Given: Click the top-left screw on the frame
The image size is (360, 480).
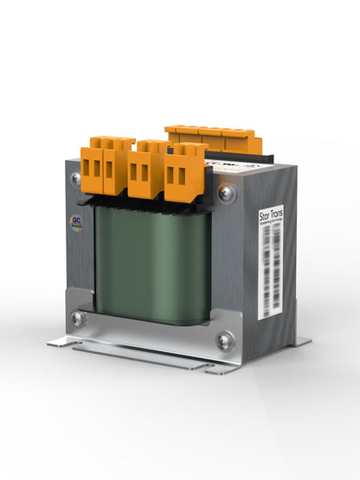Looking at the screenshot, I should click(76, 179).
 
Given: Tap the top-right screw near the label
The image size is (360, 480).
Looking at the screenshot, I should click(226, 194).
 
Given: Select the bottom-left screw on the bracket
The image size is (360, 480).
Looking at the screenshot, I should click(77, 318).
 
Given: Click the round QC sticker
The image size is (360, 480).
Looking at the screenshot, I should click(76, 222).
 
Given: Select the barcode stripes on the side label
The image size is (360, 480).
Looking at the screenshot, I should click(272, 277).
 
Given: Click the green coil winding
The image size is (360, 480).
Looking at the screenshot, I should click(151, 264).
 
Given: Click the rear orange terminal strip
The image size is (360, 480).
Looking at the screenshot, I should click(212, 138).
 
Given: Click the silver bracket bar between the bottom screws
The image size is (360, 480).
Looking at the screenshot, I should click(151, 334).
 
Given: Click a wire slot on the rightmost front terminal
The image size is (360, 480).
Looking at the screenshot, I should click(182, 176).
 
